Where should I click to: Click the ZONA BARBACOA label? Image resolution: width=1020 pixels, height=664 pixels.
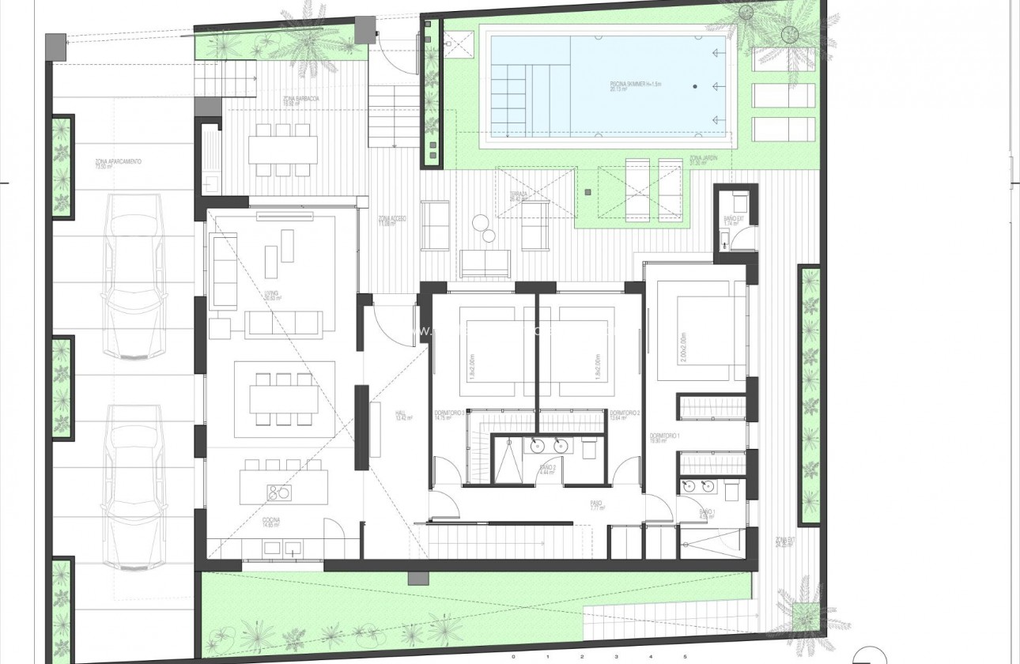[300, 101]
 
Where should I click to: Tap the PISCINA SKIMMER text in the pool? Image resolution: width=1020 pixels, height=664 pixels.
[609, 85]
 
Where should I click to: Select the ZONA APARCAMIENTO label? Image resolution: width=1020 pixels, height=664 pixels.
[118, 163]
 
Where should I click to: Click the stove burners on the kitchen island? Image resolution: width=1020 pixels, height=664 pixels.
[278, 493]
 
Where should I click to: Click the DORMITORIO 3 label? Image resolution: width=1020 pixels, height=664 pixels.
[450, 415]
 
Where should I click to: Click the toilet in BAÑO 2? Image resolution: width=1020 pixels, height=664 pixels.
[590, 448]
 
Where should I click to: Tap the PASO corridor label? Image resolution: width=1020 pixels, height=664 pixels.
[596, 506]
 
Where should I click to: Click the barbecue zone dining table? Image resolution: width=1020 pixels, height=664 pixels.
[282, 149]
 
